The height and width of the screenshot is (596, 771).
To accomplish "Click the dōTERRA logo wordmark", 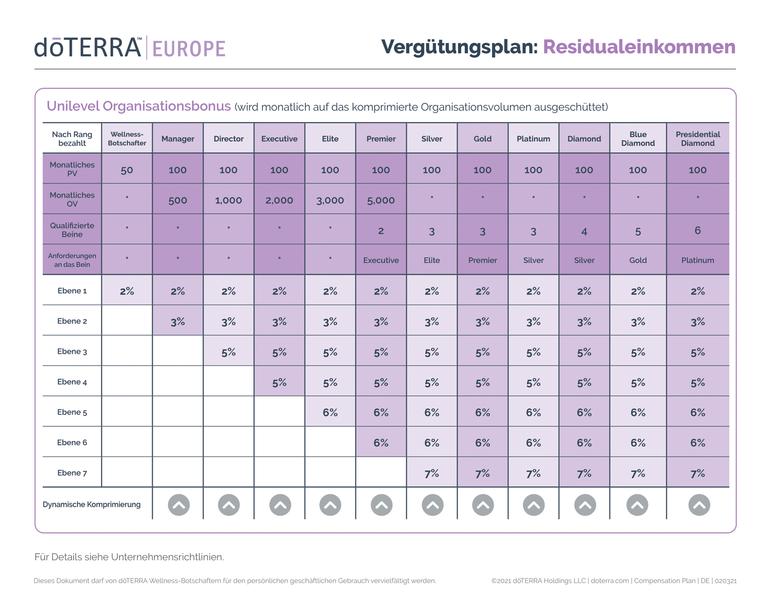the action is (88, 47).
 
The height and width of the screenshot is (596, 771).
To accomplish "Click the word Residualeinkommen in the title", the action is (639, 47).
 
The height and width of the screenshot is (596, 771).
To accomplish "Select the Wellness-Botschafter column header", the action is (127, 139).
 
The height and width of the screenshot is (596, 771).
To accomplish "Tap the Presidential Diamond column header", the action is (698, 139).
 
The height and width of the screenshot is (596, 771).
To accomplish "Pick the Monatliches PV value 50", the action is (127, 170).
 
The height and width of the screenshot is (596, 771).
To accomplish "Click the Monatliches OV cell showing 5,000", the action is (381, 200).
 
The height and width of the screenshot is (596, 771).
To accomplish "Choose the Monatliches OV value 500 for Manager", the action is (178, 200).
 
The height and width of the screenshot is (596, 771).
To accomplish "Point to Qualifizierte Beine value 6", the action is (698, 230).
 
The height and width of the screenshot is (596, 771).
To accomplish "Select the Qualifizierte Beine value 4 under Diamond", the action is (584, 231).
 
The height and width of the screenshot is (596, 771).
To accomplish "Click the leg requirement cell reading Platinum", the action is (698, 260).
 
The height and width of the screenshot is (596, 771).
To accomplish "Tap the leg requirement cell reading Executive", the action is (381, 260).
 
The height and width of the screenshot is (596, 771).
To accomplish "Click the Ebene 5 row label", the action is (72, 412).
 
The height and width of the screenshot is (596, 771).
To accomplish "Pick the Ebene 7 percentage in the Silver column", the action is (432, 473).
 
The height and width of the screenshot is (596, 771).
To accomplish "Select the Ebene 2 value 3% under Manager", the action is (178, 322).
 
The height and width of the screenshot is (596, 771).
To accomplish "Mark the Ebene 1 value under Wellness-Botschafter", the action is (127, 291).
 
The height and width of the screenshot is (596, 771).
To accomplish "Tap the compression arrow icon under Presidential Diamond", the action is (699, 505).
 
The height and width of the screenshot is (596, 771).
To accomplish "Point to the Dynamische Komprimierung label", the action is (91, 505).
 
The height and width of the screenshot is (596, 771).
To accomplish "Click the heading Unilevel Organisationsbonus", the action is (139, 106).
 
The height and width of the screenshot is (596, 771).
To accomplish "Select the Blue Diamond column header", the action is (638, 139).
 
